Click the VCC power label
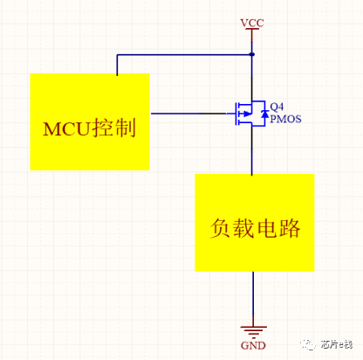coord(252,23)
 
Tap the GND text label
coord(253,345)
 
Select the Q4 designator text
coord(277,107)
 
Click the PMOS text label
coord(285,119)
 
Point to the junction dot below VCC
coord(252,54)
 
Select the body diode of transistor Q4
coord(264,114)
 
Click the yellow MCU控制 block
coord(90,121)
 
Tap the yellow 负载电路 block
coord(255,223)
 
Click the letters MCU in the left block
coord(66,128)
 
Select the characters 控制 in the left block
coord(113,128)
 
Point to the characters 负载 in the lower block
coord(232,228)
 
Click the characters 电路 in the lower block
coord(278,228)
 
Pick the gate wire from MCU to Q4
coord(188,114)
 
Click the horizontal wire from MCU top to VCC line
coord(184,54)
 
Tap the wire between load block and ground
coord(253,299)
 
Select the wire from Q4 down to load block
coord(252,150)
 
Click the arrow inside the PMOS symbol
coord(246,114)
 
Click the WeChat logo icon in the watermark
coord(308,344)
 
